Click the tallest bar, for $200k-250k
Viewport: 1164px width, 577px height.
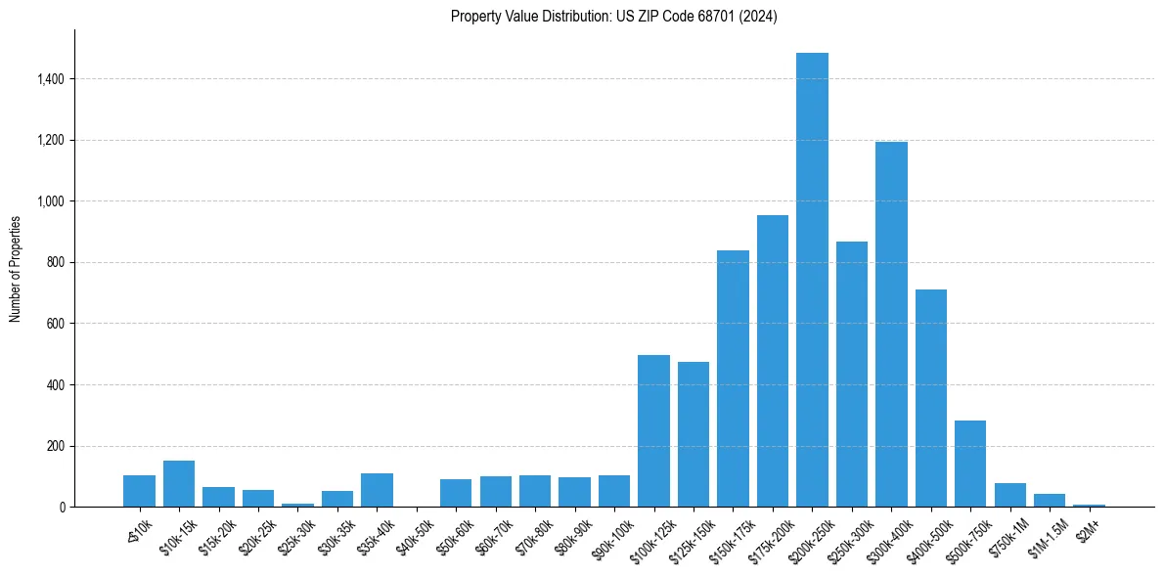pyautogui.click(x=812, y=280)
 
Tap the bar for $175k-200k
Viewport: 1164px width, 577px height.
pyautogui.click(x=773, y=361)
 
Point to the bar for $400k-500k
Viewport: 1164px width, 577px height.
pyautogui.click(x=931, y=398)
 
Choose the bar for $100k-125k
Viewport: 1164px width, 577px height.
pyautogui.click(x=653, y=431)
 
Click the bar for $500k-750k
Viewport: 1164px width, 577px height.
pyautogui.click(x=970, y=464)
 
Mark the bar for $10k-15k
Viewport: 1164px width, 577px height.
pyautogui.click(x=179, y=484)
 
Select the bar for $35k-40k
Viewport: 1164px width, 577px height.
pyautogui.click(x=377, y=490)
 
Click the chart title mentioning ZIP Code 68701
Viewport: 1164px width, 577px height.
pyautogui.click(x=614, y=17)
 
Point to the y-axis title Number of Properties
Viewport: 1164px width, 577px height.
pyautogui.click(x=16, y=268)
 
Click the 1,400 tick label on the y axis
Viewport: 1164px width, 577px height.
pyautogui.click(x=50, y=79)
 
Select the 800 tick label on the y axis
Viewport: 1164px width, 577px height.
pyautogui.click(x=55, y=263)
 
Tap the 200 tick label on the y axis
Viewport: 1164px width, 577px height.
pyautogui.click(x=55, y=447)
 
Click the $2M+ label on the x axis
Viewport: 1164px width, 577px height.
pyautogui.click(x=1087, y=528)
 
